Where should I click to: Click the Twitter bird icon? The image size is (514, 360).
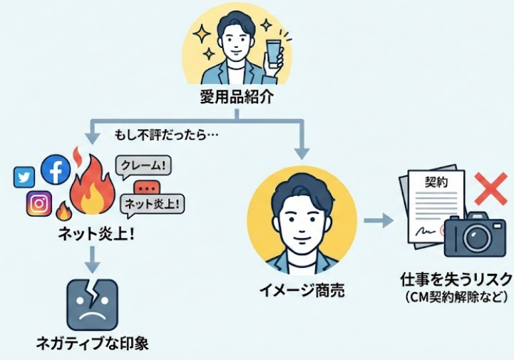click(24, 176)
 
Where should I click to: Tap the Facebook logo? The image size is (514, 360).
click(55, 170)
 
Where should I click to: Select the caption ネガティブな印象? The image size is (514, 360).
click(93, 344)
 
